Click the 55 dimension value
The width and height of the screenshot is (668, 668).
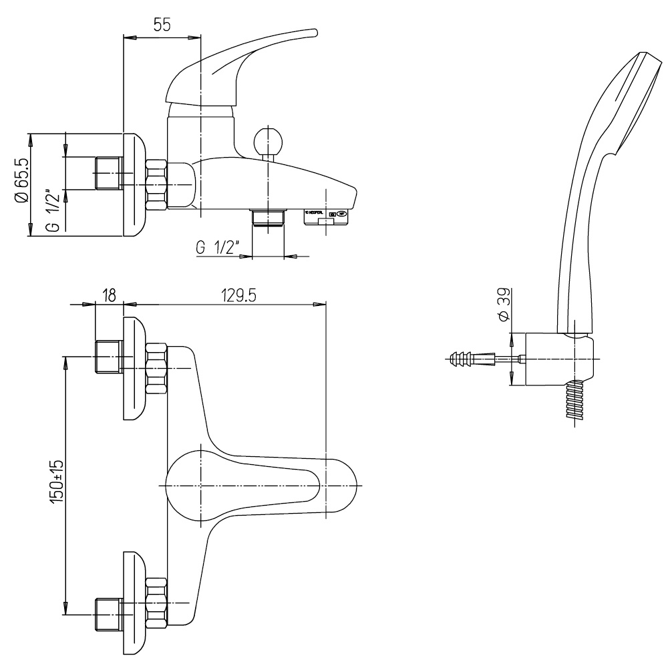click(162, 25)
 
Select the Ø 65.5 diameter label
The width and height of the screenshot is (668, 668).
click(22, 180)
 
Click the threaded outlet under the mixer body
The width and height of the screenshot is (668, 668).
click(268, 218)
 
